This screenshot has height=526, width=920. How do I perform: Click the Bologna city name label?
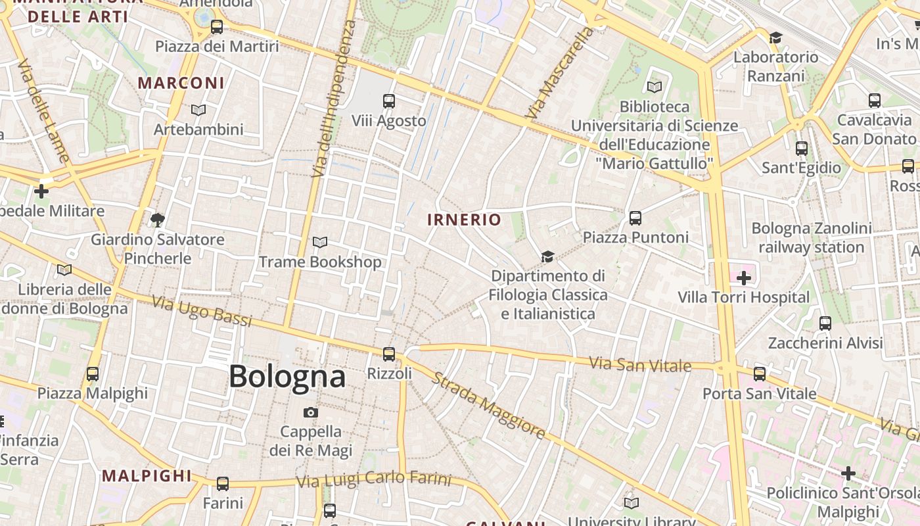click(x=287, y=377)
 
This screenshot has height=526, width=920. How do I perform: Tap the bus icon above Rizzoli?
click(x=389, y=354)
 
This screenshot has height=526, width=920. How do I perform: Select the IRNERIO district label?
click(x=465, y=220)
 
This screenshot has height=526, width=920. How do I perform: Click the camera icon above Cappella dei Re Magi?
click(x=311, y=412)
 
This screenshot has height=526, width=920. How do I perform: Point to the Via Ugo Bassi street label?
click(x=202, y=312)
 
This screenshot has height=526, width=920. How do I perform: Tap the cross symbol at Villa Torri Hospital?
click(x=744, y=278)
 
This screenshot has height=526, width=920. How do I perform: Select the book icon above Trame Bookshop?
click(x=320, y=243)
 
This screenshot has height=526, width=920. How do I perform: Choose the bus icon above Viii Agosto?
click(x=389, y=101)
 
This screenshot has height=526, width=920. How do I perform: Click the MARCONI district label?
click(x=181, y=83)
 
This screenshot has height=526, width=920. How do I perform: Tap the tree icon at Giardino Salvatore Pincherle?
click(x=157, y=220)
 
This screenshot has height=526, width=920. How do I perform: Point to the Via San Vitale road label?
click(x=640, y=364)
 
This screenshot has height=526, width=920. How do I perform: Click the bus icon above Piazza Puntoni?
click(x=635, y=218)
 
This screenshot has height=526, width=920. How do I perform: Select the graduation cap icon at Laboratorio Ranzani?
click(x=776, y=37)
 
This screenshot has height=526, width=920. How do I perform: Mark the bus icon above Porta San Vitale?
click(x=760, y=374)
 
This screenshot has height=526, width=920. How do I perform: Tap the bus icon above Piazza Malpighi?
click(x=93, y=374)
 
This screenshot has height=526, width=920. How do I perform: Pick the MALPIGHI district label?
click(x=147, y=476)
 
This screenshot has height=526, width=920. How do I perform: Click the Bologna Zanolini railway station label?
click(x=812, y=238)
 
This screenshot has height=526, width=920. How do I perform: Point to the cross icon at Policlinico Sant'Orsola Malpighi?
click(x=848, y=473)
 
